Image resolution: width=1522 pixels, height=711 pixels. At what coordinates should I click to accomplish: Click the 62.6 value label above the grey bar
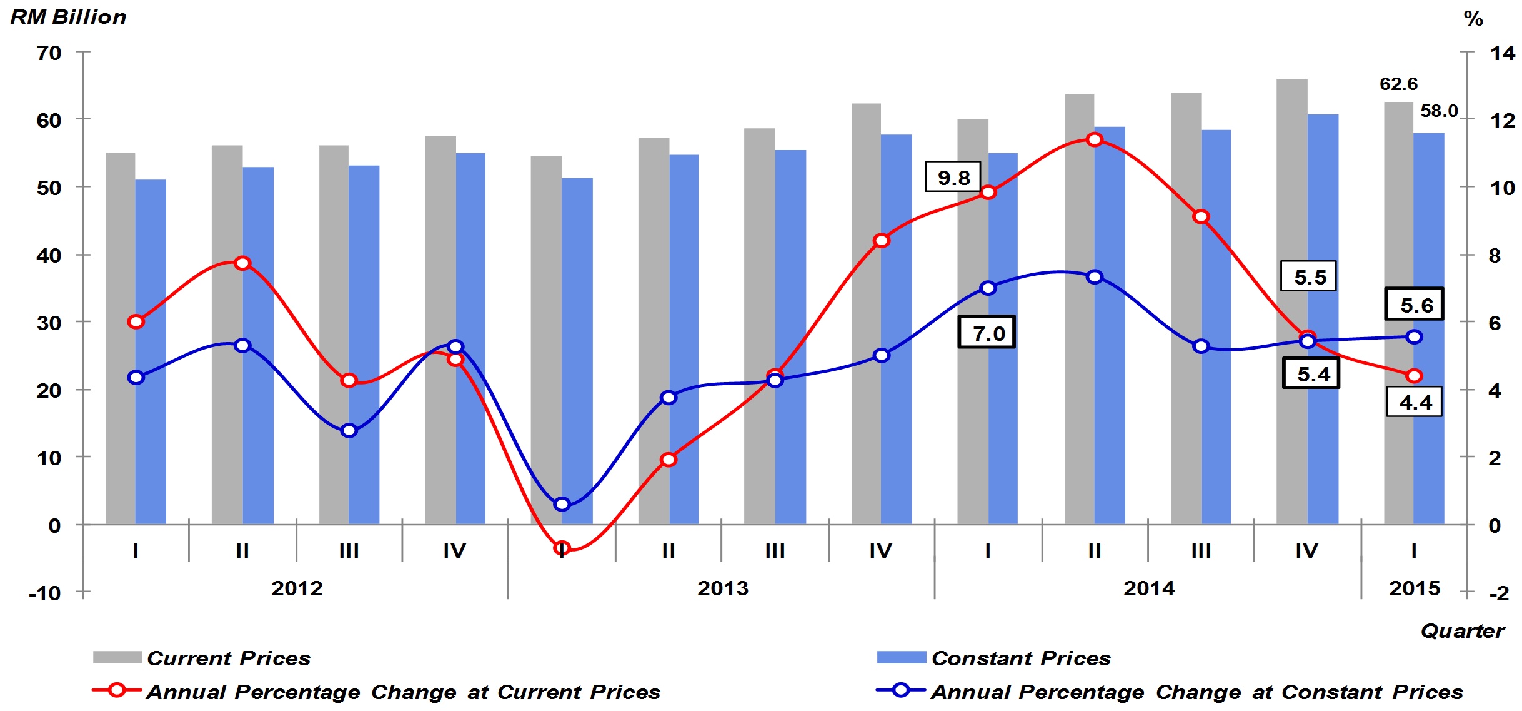pyautogui.click(x=1398, y=84)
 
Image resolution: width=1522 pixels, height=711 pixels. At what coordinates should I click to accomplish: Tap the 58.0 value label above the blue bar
pyautogui.click(x=1439, y=111)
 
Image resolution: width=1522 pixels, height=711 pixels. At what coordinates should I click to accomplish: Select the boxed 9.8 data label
pyautogui.click(x=953, y=178)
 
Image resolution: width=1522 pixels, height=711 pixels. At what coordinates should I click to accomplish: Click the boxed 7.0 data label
pyautogui.click(x=987, y=333)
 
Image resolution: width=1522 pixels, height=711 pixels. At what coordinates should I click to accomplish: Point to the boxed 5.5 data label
pyautogui.click(x=1309, y=277)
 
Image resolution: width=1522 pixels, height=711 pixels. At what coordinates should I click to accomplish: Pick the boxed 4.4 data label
pyautogui.click(x=1415, y=402)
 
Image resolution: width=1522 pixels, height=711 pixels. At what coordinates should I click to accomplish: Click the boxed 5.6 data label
pyautogui.click(x=1415, y=305)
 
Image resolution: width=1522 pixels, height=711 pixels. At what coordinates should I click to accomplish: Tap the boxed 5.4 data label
pyautogui.click(x=1311, y=374)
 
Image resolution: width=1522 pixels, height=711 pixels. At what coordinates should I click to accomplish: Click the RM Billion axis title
pyautogui.click(x=68, y=17)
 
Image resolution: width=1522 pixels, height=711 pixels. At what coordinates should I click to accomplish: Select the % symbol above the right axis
pyautogui.click(x=1473, y=19)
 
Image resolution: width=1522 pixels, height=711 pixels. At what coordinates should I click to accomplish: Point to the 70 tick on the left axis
pyautogui.click(x=49, y=53)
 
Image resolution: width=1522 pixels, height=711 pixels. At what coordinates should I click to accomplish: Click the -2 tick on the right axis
pyautogui.click(x=1499, y=592)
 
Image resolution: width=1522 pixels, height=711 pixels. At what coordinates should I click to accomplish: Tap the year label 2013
pyautogui.click(x=722, y=588)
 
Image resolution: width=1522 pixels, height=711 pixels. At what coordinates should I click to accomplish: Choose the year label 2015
pyautogui.click(x=1414, y=588)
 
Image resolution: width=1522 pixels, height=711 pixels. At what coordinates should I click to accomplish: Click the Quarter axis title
pyautogui.click(x=1462, y=631)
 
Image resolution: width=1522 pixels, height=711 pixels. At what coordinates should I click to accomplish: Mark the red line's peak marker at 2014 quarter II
pyautogui.click(x=1094, y=139)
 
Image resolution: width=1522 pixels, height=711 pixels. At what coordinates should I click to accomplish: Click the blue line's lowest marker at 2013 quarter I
pyautogui.click(x=562, y=504)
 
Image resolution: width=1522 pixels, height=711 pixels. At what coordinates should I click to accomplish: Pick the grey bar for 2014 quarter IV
pyautogui.click(x=1291, y=300)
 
